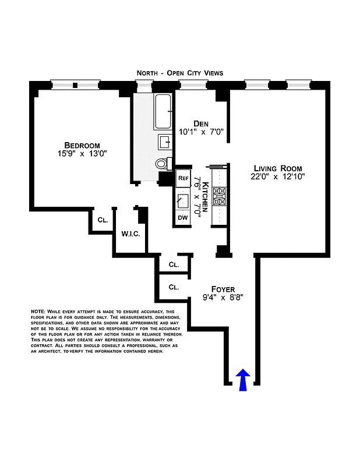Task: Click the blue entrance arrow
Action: click(x=244, y=380)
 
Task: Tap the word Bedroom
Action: click(x=82, y=146)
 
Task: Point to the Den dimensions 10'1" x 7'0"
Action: click(x=201, y=132)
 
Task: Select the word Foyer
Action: click(x=223, y=289)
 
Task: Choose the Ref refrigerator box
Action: click(x=183, y=178)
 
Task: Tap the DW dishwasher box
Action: click(x=182, y=218)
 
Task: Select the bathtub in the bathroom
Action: click(x=163, y=112)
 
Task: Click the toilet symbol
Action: click(x=163, y=164)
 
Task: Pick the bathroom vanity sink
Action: click(x=164, y=142)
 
